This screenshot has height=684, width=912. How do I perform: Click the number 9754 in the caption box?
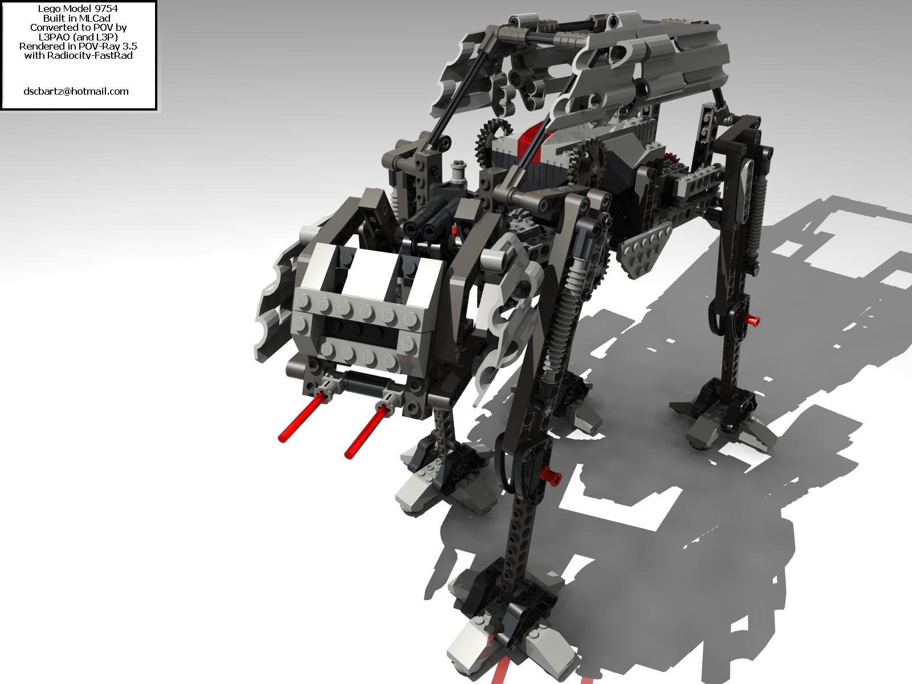coord(104,9)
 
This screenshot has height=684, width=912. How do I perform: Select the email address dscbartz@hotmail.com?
coord(76,91)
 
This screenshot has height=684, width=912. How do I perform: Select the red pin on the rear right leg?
coord(751,320)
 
